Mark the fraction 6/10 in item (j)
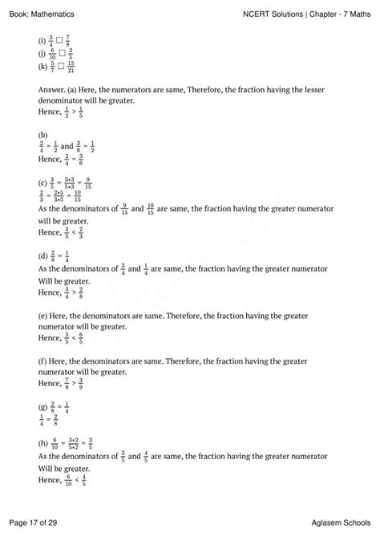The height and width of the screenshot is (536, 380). tap(52, 54)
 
